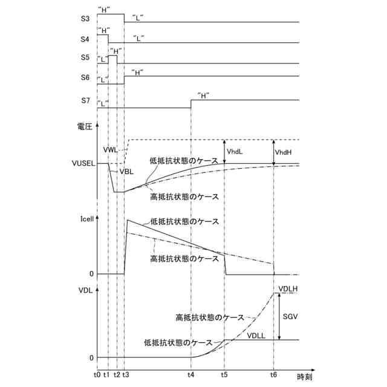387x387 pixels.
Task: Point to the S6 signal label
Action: click(x=85, y=78)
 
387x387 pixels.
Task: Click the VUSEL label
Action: click(x=83, y=164)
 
